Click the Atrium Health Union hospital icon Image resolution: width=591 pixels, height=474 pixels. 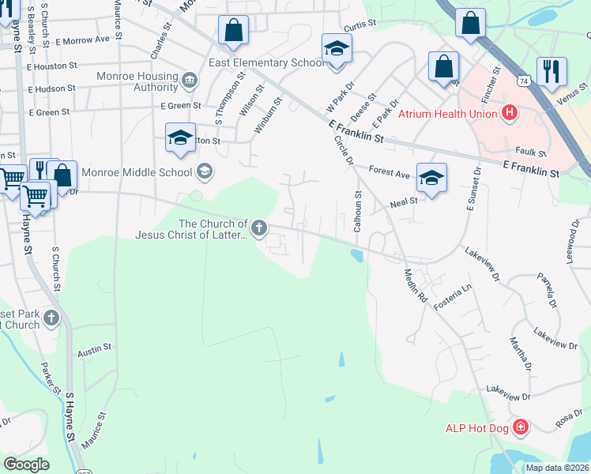point(510,114)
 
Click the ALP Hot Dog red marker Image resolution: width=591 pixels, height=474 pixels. point(520,428)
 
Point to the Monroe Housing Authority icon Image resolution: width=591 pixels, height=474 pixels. point(190,81)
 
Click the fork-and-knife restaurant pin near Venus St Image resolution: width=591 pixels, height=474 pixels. point(550,71)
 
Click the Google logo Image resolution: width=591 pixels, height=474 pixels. point(26,465)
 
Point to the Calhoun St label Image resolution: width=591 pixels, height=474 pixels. point(358,211)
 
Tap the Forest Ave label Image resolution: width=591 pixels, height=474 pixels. point(390,171)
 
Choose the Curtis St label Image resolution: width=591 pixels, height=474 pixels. point(359,26)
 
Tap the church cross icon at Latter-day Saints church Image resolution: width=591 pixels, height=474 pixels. point(258,230)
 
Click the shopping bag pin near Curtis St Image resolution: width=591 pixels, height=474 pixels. point(234,31)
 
